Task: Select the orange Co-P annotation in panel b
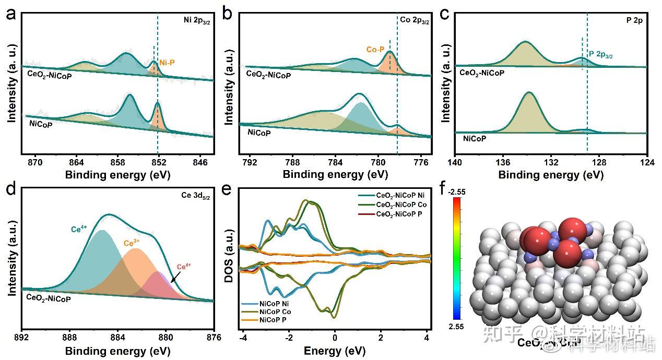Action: [x=375, y=50]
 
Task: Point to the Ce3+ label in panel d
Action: [x=133, y=243]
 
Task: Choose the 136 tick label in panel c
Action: [x=503, y=162]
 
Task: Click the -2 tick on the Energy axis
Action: [x=288, y=338]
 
